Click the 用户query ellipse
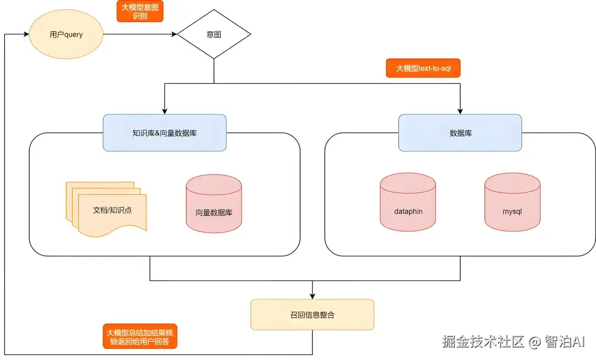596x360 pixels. (66, 34)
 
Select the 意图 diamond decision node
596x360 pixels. (214, 34)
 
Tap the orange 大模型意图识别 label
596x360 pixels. (140, 11)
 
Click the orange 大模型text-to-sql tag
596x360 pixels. (423, 68)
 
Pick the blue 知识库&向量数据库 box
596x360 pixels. (164, 133)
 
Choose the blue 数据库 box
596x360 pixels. (460, 133)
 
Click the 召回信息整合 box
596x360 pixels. (312, 315)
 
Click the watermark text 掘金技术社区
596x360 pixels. (482, 342)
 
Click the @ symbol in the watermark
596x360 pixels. (534, 342)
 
